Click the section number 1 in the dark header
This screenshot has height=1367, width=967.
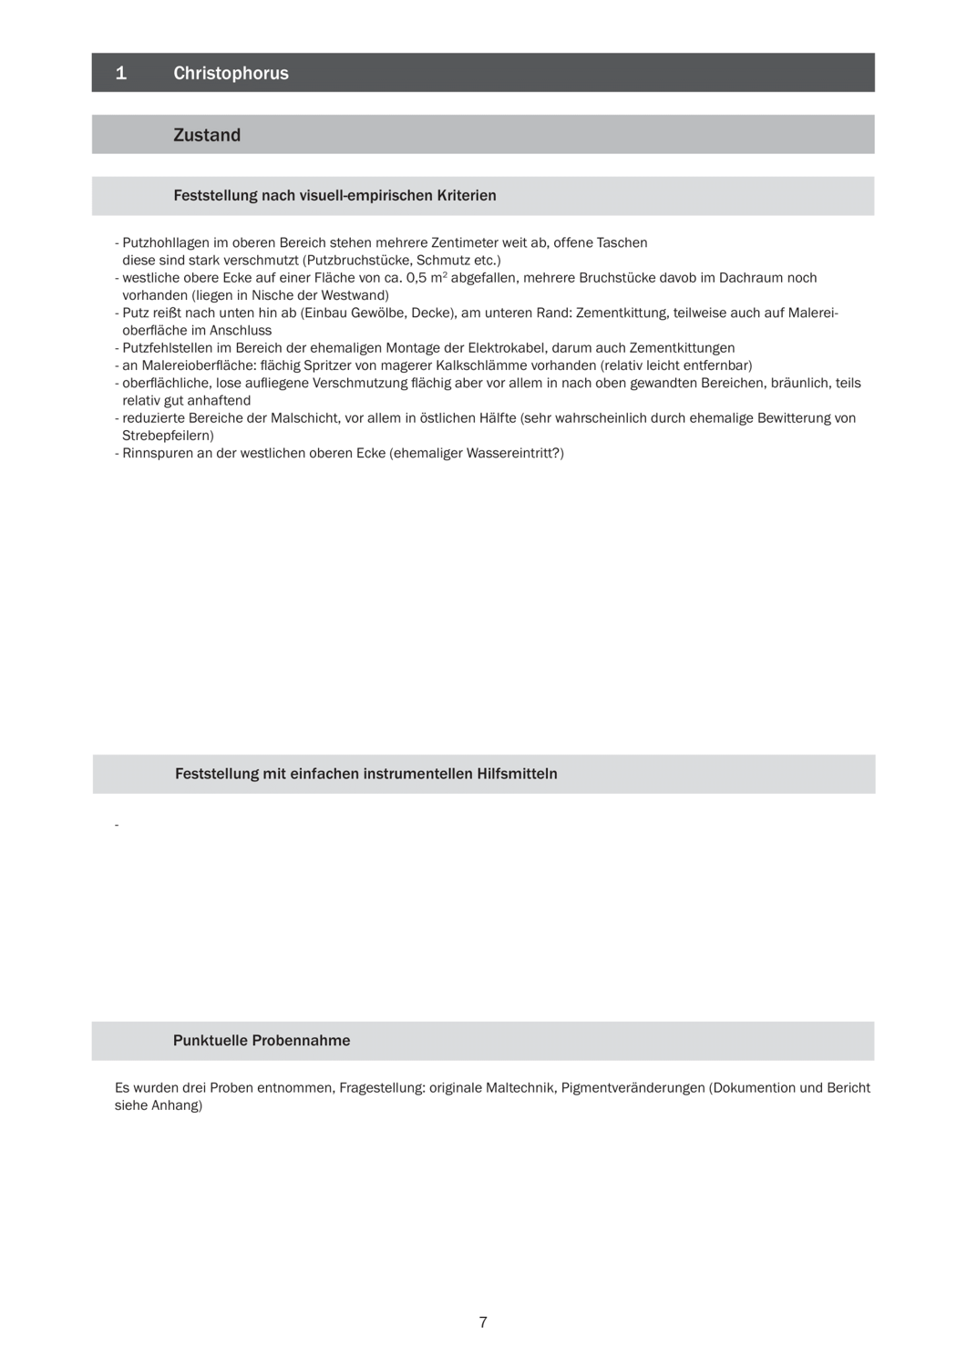pyautogui.click(x=121, y=73)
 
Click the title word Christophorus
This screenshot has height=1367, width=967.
pyautogui.click(x=231, y=73)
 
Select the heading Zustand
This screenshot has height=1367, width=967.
pyautogui.click(x=207, y=135)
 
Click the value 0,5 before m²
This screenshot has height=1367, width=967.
pyautogui.click(x=417, y=278)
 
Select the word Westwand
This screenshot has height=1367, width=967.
pyautogui.click(x=356, y=295)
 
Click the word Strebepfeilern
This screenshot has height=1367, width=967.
pyautogui.click(x=167, y=436)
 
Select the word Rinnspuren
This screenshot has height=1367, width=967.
pyautogui.click(x=157, y=453)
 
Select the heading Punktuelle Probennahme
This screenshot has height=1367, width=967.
pyautogui.click(x=262, y=1041)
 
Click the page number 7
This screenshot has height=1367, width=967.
pyautogui.click(x=483, y=1322)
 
